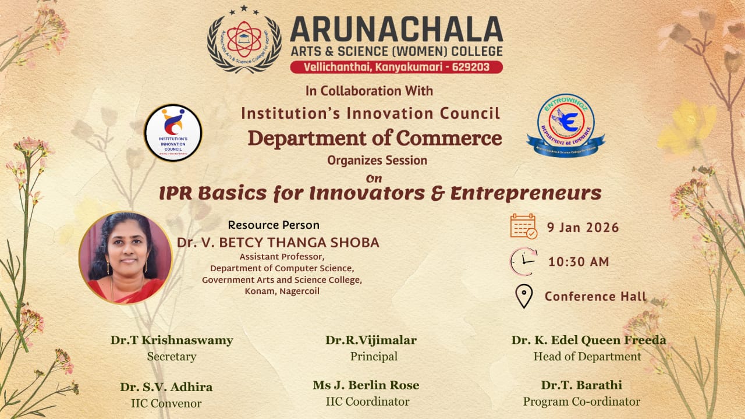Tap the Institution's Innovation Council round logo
173,133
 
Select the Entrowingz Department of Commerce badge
565,126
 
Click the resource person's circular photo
126,257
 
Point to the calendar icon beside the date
523,226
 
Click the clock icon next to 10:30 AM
523,261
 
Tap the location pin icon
524,296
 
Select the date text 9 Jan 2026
583,228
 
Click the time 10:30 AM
579,262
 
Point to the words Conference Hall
595,296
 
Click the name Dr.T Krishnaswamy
172,340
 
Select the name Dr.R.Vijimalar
371,340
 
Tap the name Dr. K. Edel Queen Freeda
588,340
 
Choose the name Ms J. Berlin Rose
366,385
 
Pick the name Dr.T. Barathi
581,385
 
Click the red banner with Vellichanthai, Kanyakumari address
396,68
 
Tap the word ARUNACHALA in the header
396,29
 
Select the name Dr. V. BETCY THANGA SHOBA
278,242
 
